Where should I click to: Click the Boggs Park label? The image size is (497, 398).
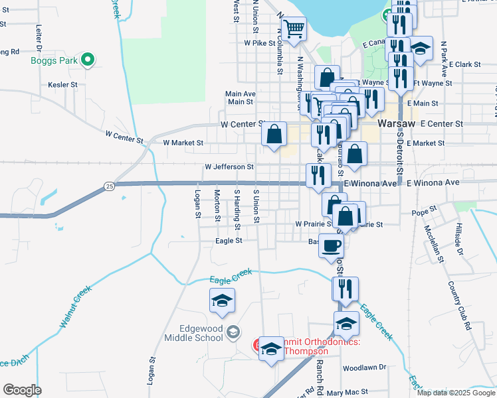[54, 61]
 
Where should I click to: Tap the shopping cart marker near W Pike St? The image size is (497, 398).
[294, 29]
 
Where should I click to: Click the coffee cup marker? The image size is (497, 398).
[332, 246]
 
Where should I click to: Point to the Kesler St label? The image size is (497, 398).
[63, 85]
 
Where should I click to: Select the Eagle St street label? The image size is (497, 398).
[229, 241]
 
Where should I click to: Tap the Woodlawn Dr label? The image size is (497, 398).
[364, 367]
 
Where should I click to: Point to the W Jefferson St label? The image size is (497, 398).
[229, 167]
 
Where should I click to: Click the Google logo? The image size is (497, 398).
[23, 390]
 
